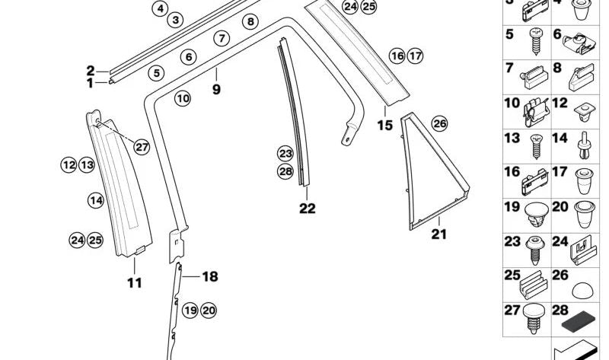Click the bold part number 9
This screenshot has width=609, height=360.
216,89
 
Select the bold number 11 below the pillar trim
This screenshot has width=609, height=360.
134,283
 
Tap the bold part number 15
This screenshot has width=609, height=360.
385,125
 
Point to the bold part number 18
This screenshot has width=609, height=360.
209,277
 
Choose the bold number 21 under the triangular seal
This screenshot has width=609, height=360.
439,234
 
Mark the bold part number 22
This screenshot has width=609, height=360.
307,208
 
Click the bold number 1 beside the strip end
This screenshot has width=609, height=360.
90,82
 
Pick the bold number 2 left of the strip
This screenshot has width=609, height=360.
90,71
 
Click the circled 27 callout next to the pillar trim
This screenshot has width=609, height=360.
142,147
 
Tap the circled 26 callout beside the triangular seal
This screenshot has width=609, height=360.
439,124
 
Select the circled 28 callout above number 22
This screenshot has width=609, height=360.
285,171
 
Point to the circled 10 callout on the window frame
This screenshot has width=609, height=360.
182,98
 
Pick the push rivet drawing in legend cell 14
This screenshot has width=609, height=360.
583,145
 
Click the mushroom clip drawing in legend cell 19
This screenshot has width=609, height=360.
531,215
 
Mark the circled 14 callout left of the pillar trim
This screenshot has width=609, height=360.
95,201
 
